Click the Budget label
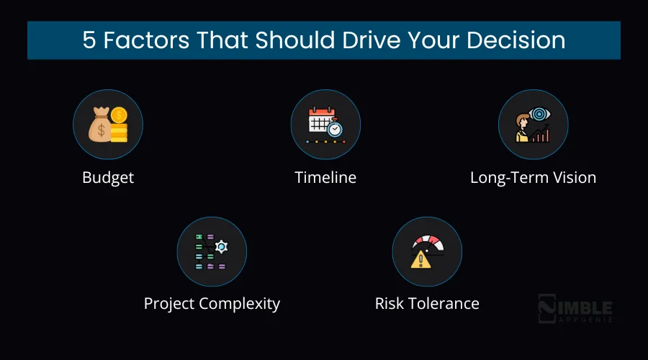click(108, 177)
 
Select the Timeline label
click(325, 177)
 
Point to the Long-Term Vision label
click(533, 177)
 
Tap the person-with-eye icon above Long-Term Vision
click(533, 125)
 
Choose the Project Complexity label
click(212, 303)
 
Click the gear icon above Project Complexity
click(221, 247)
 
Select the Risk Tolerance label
click(427, 303)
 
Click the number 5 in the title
click(89, 40)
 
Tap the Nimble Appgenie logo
click(575, 309)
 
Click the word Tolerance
click(446, 303)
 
